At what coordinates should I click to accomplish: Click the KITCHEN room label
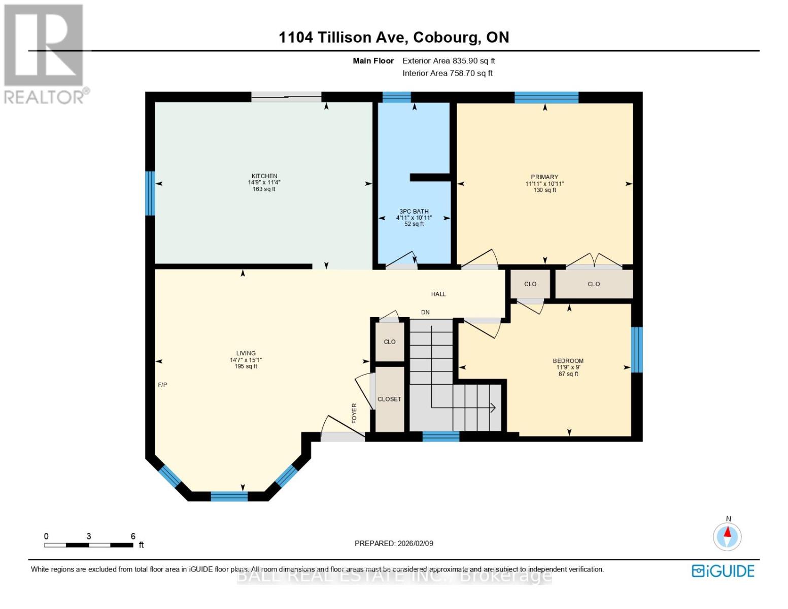[x=264, y=176]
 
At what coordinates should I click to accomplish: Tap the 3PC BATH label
[x=414, y=211]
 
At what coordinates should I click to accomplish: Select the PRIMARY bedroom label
[x=544, y=177]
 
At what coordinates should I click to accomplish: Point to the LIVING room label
[x=246, y=353]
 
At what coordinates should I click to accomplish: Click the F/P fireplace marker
[x=162, y=385]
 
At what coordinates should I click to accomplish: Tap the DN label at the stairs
[x=425, y=312]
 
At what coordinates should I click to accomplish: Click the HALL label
[x=438, y=294]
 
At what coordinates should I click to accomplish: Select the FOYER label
[x=354, y=413]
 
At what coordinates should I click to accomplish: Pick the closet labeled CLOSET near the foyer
[x=389, y=399]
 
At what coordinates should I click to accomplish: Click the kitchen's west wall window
[x=150, y=193]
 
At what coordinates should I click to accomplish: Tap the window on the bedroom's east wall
[x=637, y=350]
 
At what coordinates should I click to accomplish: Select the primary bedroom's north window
[x=546, y=97]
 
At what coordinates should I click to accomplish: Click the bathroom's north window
[x=396, y=97]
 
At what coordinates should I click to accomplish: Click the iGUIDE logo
[x=723, y=571]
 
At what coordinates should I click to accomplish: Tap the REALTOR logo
[x=45, y=53]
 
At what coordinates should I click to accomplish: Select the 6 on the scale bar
[x=133, y=536]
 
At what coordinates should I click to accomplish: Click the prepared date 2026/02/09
[x=415, y=543]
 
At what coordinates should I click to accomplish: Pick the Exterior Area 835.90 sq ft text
[x=449, y=60]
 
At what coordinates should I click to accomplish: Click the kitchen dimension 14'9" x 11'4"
[x=264, y=183]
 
